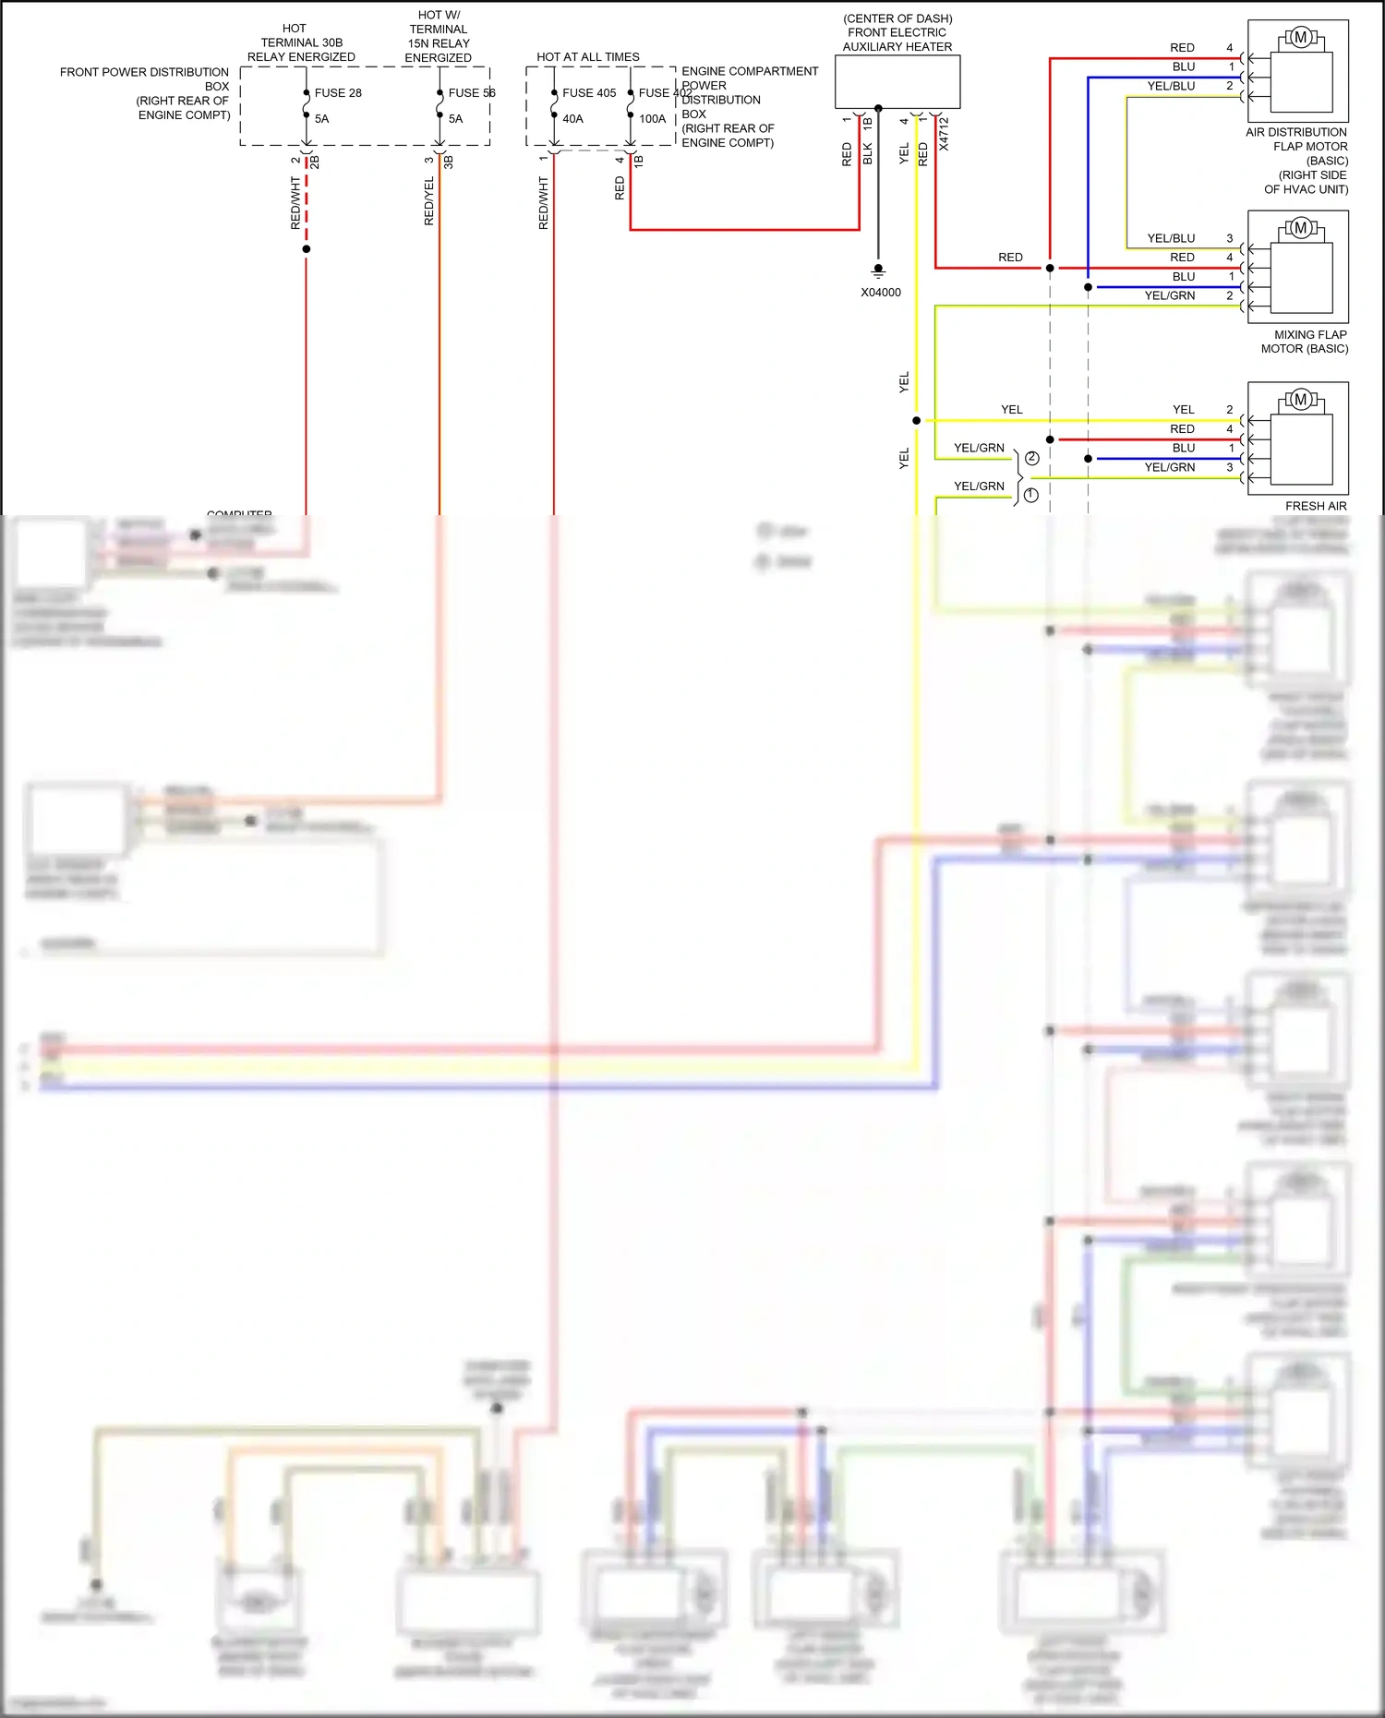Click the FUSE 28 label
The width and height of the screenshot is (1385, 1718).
pyautogui.click(x=338, y=93)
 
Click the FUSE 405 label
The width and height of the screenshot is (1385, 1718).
pyautogui.click(x=588, y=93)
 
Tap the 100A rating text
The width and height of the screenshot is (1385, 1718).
pyautogui.click(x=652, y=119)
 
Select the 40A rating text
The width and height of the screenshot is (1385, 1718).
pyautogui.click(x=572, y=119)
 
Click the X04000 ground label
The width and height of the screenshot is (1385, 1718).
pyautogui.click(x=880, y=293)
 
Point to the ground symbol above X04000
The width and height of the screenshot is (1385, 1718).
pyautogui.click(x=878, y=271)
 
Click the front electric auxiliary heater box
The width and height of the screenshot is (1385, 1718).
pyautogui.click(x=897, y=81)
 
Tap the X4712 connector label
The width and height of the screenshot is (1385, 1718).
pyautogui.click(x=944, y=135)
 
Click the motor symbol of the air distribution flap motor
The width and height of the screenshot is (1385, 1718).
pyautogui.click(x=1300, y=38)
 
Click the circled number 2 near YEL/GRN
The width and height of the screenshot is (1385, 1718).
pyautogui.click(x=1031, y=458)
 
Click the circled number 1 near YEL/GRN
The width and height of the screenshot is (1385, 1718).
pyautogui.click(x=1030, y=495)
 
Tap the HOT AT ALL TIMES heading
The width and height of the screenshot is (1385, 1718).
pyautogui.click(x=587, y=57)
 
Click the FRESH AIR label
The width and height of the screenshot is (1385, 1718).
pyautogui.click(x=1315, y=506)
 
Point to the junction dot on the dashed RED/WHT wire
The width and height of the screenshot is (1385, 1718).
pyautogui.click(x=307, y=249)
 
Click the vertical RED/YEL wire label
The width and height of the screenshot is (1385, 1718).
pyautogui.click(x=428, y=201)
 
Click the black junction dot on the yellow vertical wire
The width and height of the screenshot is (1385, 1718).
pyautogui.click(x=916, y=421)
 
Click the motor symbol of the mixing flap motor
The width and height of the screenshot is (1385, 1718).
pyautogui.click(x=1300, y=228)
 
